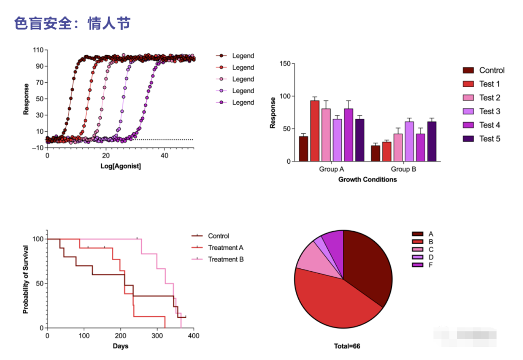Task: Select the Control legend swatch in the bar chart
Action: [467, 70]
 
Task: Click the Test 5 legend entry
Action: [490, 139]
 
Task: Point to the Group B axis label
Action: [403, 170]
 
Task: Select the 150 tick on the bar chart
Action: [285, 64]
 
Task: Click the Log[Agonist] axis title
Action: [121, 166]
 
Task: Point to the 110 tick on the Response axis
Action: [38, 50]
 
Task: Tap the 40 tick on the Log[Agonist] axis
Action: [165, 156]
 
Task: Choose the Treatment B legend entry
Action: [226, 259]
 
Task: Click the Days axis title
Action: [121, 346]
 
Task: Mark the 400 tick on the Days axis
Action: [194, 335]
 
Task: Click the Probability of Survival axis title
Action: [26, 280]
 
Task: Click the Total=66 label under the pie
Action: [347, 346]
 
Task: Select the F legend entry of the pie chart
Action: [431, 265]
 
